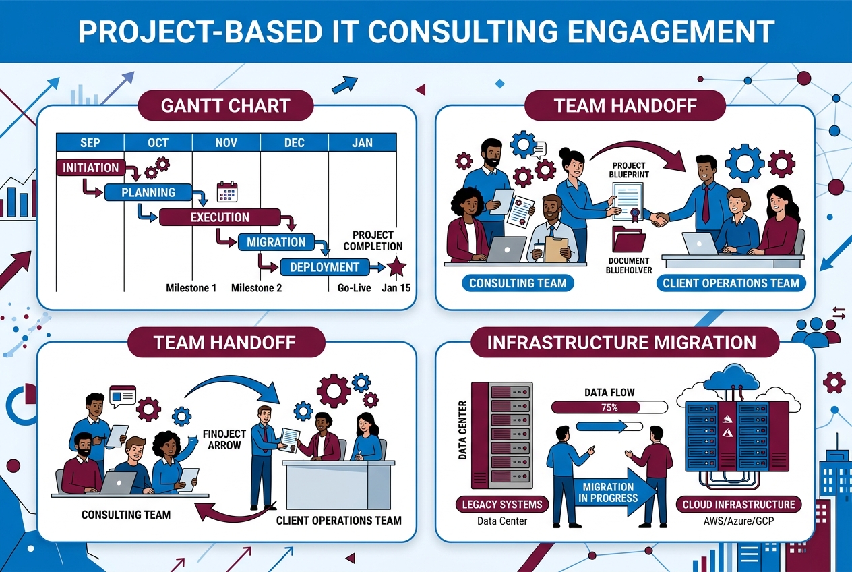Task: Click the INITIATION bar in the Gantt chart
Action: [x=90, y=167]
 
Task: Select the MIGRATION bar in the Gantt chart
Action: [x=276, y=242]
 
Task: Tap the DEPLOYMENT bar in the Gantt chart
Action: [x=324, y=267]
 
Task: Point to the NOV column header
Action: [x=226, y=143]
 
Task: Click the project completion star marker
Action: [x=396, y=267]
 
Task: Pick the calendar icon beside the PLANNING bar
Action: [x=226, y=192]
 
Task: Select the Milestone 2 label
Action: [x=256, y=288]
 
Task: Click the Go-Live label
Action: [x=354, y=288]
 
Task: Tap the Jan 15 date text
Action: [x=396, y=288]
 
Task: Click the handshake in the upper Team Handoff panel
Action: [x=658, y=219]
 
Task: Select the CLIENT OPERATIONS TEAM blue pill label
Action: [x=731, y=283]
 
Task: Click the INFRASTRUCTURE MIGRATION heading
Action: [x=621, y=343]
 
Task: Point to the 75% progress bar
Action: [x=609, y=407]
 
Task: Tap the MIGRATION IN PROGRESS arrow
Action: [x=609, y=492]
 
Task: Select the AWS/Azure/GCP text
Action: [x=738, y=521]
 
